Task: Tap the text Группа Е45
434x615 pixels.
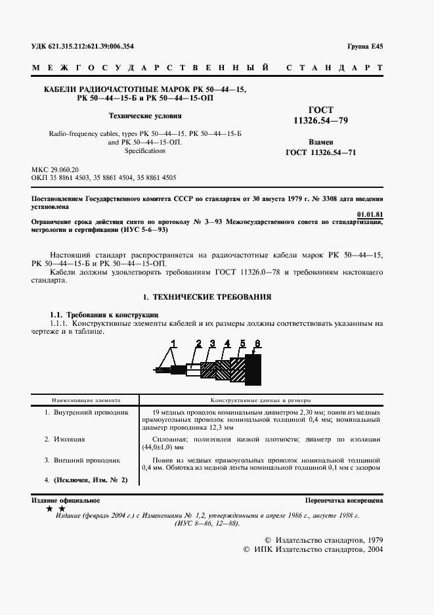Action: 366,46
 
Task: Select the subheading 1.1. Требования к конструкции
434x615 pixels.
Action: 104,314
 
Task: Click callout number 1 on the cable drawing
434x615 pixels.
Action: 174,342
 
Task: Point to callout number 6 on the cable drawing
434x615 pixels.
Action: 258,342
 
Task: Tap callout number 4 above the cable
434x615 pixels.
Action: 227,342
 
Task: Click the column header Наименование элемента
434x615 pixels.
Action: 83,399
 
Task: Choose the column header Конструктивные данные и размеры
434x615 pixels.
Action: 260,399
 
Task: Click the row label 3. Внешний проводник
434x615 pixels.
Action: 82,461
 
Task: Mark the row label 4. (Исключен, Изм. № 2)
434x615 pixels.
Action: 85,480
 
